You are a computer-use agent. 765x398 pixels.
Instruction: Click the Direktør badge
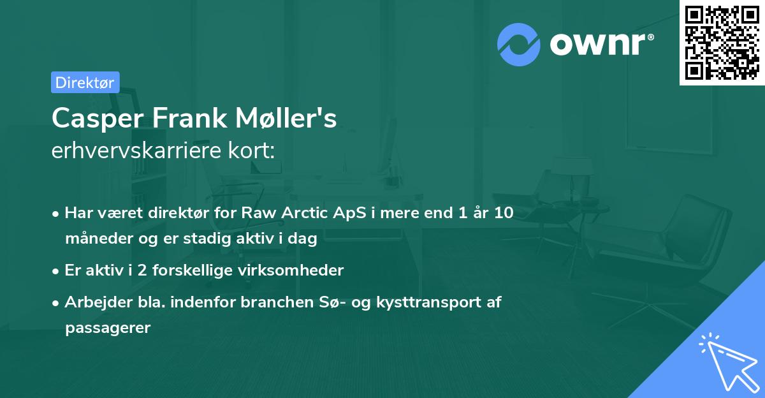pyautogui.click(x=85, y=82)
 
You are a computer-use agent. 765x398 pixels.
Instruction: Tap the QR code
pyautogui.click(x=722, y=43)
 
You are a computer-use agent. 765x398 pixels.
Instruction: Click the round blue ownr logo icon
pyautogui.click(x=519, y=45)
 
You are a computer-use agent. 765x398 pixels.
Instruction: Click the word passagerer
pyautogui.click(x=107, y=328)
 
